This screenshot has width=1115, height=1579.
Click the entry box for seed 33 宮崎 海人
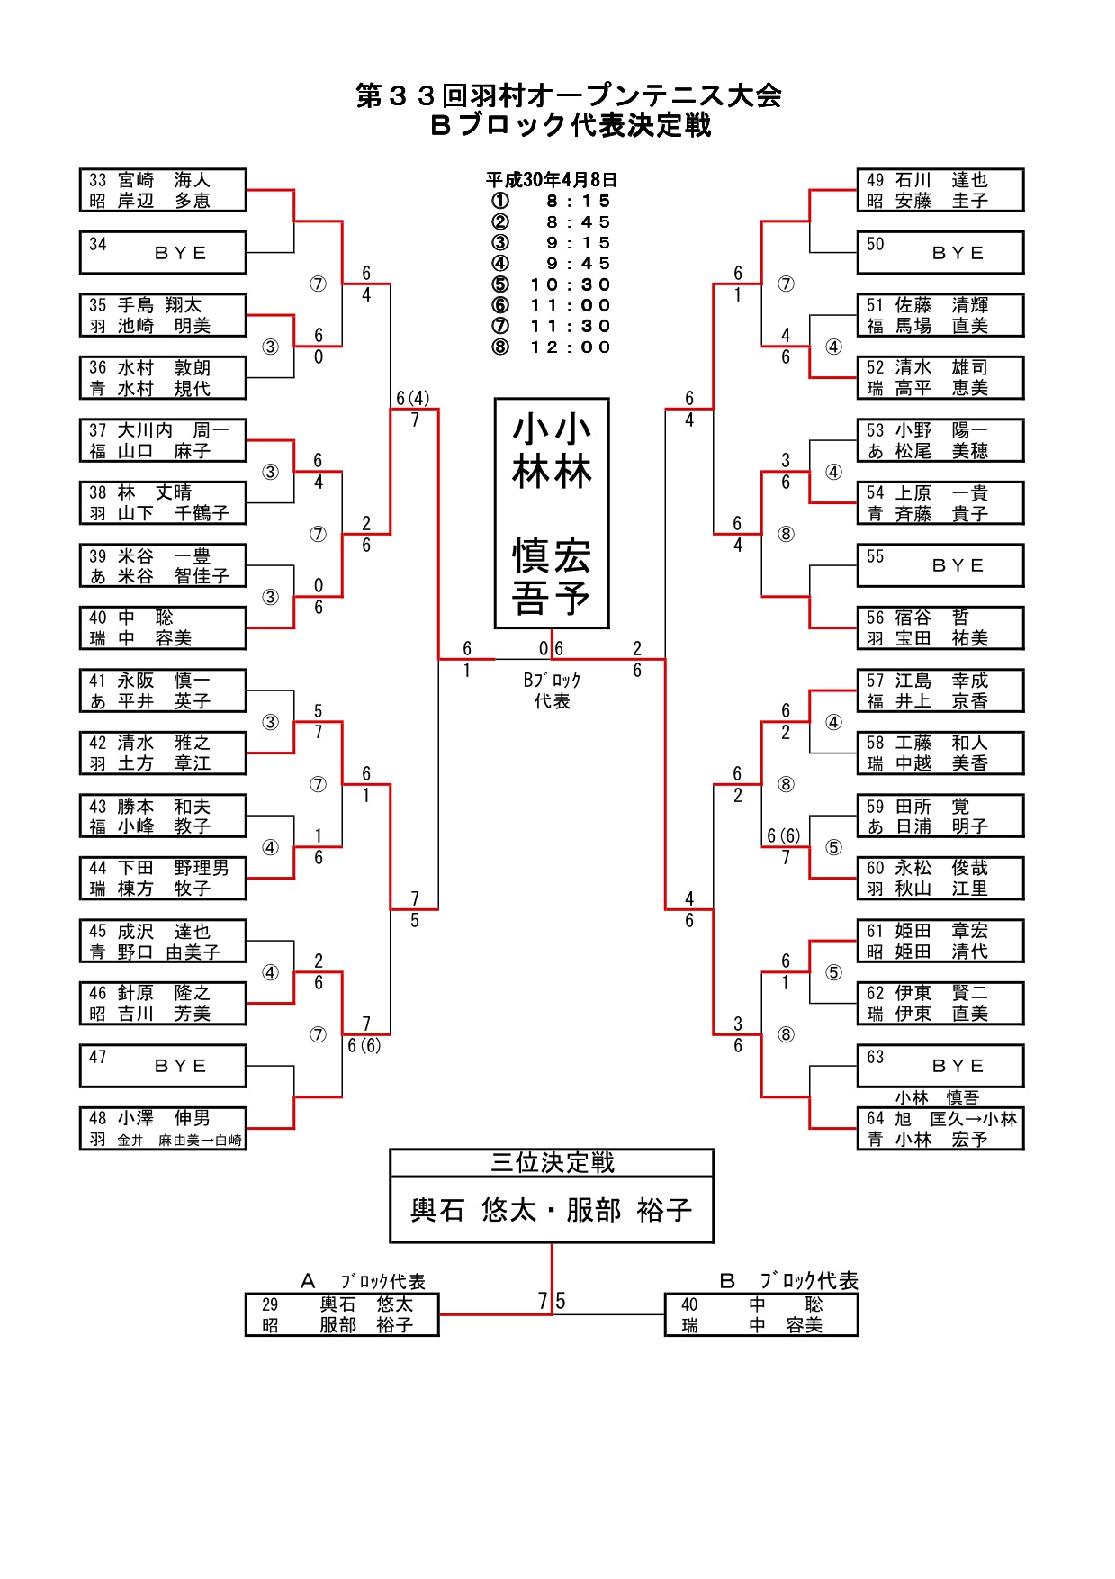[163, 190]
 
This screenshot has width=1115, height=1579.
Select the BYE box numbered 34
[163, 252]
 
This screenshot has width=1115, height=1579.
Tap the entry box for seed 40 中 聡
[163, 627]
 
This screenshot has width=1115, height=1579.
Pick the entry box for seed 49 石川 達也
[940, 190]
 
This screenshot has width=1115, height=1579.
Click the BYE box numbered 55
[940, 565]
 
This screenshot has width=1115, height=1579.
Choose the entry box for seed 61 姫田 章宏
[940, 941]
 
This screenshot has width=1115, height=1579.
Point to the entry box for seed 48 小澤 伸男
[163, 1128]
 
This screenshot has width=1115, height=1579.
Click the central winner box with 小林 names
[552, 513]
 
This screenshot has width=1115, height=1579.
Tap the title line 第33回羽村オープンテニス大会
[569, 95]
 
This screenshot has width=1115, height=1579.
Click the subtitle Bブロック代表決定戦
[571, 125]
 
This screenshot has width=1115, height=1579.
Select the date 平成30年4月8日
[552, 180]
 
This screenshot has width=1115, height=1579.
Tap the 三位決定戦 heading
[552, 1163]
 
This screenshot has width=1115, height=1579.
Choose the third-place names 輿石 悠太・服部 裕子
[552, 1210]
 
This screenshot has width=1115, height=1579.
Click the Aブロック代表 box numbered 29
[342, 1314]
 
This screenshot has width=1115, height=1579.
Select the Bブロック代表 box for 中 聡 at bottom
[761, 1314]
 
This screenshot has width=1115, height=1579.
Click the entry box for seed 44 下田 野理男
[163, 878]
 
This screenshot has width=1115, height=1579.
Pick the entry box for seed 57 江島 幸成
[940, 690]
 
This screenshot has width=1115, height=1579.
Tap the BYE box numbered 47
[163, 1066]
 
